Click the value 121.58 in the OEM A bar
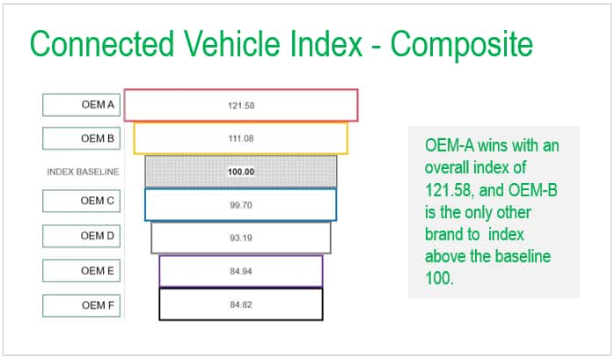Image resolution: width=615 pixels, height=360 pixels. pos(241,106)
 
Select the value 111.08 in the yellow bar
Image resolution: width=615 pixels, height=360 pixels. pos(241,138)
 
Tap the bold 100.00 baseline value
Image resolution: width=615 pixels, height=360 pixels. pos(241,172)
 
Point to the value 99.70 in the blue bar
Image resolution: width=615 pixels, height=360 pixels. pos(241,205)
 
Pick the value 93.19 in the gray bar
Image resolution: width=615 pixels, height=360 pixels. pos(241,238)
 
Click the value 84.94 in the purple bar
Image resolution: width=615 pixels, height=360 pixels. pos(241,271)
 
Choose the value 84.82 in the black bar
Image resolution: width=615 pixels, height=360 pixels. pos(241,305)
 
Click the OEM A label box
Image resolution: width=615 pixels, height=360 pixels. pos(82,105)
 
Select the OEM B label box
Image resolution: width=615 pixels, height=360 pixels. pos(82,138)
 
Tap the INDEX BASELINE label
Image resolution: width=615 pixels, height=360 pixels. pos(83,172)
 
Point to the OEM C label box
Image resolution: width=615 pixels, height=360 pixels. pos(82,201)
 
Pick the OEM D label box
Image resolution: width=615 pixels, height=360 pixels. pos(82,236)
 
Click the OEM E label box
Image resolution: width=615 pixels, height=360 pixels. pos(82,270)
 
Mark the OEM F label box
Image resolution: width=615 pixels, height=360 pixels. pos(82,305)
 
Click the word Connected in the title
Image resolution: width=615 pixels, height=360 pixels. pos(102,44)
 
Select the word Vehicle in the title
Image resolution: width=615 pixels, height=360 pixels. pos(232,44)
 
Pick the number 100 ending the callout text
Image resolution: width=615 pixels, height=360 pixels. pos(439,278)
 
